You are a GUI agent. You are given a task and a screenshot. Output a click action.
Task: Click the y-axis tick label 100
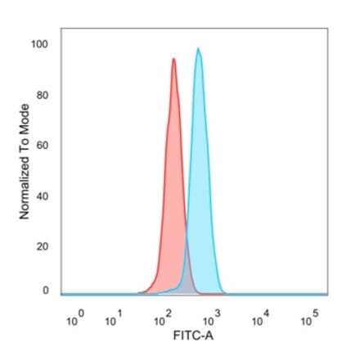40,44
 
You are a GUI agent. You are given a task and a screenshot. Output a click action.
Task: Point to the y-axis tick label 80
43,95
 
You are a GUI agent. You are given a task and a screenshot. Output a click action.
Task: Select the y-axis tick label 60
43,146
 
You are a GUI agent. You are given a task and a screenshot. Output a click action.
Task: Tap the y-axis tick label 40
43,196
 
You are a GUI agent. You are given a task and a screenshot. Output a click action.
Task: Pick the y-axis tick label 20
43,246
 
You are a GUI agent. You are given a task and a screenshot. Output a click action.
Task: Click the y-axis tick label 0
46,291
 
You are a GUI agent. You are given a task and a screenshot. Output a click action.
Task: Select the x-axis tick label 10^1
114,320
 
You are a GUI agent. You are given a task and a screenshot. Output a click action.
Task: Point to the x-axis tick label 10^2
160,320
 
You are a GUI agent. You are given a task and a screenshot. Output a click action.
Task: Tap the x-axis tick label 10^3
208,320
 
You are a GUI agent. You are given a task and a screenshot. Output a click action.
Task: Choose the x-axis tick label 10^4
258,320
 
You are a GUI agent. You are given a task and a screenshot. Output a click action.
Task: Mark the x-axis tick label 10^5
308,320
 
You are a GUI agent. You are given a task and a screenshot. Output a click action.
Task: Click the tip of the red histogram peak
173,59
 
